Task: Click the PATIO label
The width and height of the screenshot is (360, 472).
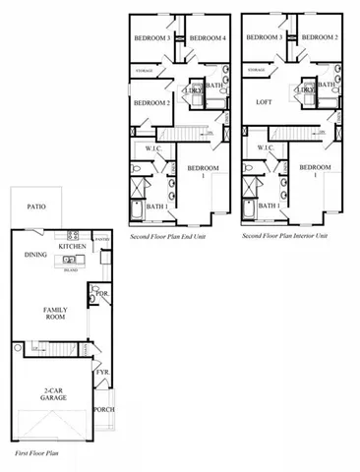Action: tap(35, 207)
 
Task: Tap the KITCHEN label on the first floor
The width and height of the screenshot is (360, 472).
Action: tap(72, 246)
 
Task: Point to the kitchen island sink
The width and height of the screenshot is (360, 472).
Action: tap(69, 261)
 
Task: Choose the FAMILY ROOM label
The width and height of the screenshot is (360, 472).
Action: tap(54, 315)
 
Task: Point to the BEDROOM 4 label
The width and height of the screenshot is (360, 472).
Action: tap(207, 38)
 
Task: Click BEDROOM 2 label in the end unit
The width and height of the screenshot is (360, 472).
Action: tap(152, 102)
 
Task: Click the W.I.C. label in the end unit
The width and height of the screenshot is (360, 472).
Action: tap(153, 149)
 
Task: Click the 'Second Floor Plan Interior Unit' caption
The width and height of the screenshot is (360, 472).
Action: tap(285, 237)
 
